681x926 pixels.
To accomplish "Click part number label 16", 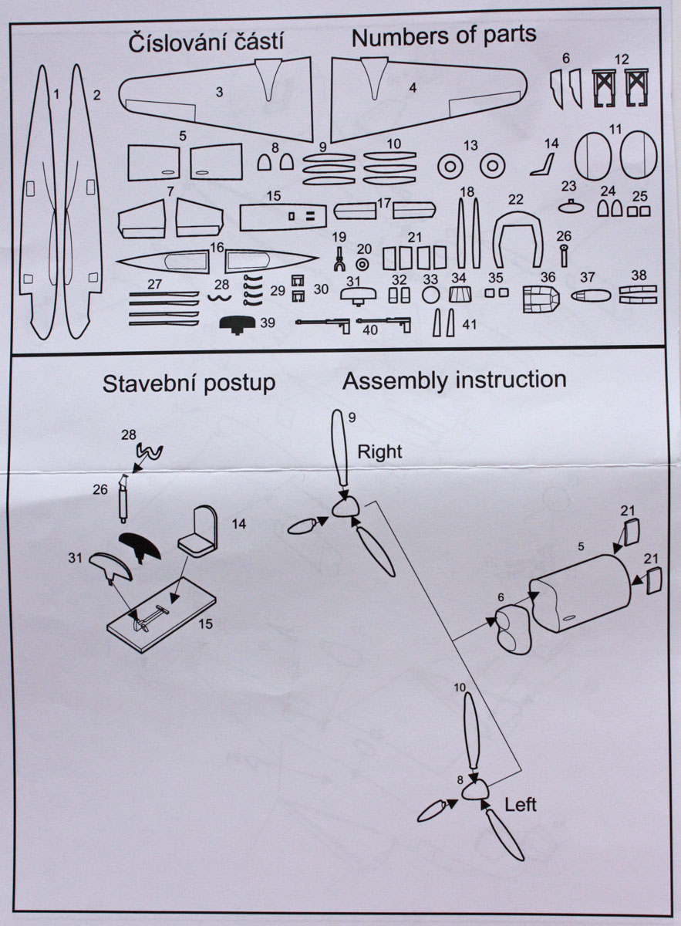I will point(217,248).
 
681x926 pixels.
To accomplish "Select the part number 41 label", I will point(470,324).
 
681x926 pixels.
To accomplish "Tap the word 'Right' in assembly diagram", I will point(379,451).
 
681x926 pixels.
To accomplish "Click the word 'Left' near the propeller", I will point(521,804).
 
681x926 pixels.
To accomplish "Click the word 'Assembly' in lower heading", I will point(392,380).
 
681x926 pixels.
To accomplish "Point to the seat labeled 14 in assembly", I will point(200,532).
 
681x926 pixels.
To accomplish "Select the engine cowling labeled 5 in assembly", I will point(582,594).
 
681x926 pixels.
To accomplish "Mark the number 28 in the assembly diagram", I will point(128,434).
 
